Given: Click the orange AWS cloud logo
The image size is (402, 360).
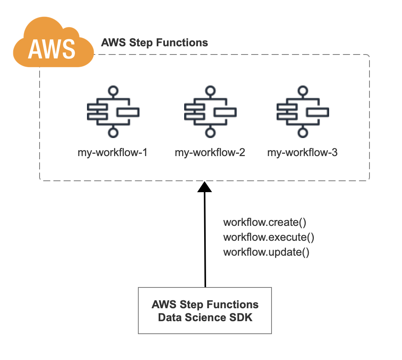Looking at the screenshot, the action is coord(53,42).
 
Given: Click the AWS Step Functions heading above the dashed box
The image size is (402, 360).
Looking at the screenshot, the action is coord(154,43).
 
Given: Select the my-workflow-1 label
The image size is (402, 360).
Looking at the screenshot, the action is coord(112,153).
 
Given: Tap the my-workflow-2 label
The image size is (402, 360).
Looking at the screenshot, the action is coord(210,153).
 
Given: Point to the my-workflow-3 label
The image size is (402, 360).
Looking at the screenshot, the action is coord(302,153).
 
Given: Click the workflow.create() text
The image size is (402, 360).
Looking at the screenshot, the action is coord(264,222).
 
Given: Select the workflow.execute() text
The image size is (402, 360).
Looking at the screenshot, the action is coord(269,237).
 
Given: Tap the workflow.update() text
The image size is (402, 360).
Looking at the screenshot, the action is coord(266,252).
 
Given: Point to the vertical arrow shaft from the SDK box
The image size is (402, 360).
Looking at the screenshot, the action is coord(205,240).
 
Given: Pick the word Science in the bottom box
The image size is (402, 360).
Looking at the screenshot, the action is coord(205,317).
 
